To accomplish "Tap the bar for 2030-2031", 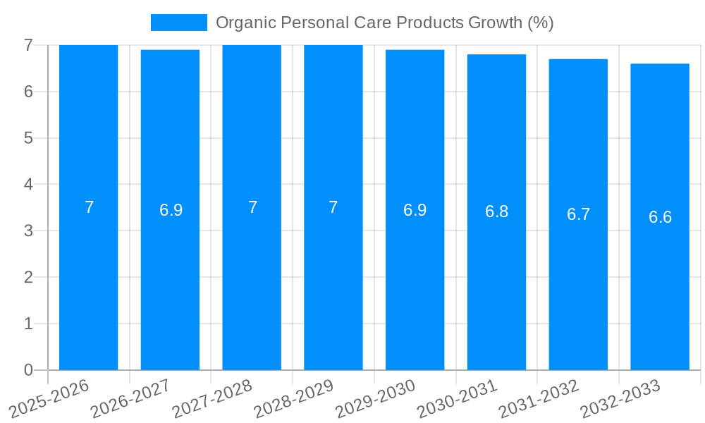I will [496, 282].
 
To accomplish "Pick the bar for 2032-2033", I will [660, 282].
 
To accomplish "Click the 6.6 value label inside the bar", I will [660, 217].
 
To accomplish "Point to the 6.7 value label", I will [578, 214].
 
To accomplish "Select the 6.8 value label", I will [496, 212].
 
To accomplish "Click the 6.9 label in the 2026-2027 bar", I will [171, 210].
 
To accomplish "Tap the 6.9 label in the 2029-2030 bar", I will [415, 210].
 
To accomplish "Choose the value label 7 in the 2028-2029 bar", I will [333, 207].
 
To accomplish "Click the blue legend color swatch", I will [179, 23].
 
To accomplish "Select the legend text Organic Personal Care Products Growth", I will [384, 23].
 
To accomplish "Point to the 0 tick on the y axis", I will [28, 370].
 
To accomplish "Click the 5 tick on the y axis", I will [28, 138].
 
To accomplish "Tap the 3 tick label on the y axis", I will [28, 231].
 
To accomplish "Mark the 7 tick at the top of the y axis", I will [28, 45].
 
